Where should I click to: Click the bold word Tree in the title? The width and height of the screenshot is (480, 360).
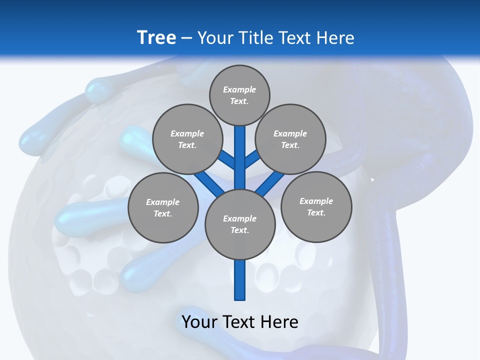pos(156,38)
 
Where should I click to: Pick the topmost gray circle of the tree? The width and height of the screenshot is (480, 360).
pos(239,95)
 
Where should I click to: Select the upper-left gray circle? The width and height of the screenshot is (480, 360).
pos(187,139)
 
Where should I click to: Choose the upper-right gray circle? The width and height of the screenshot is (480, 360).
pos(290,139)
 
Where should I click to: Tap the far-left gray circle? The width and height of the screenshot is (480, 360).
pos(163,207)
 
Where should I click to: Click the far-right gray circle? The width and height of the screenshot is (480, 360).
pos(316,206)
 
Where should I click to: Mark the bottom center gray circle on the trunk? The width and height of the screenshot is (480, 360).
pos(240,224)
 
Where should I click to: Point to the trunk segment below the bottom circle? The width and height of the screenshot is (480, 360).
pos(240,280)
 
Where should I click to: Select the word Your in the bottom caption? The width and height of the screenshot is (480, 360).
pos(199,322)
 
